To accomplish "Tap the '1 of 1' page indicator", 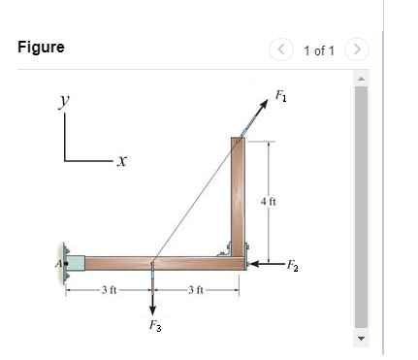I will click(x=320, y=49).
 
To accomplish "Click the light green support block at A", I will click(x=75, y=262).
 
